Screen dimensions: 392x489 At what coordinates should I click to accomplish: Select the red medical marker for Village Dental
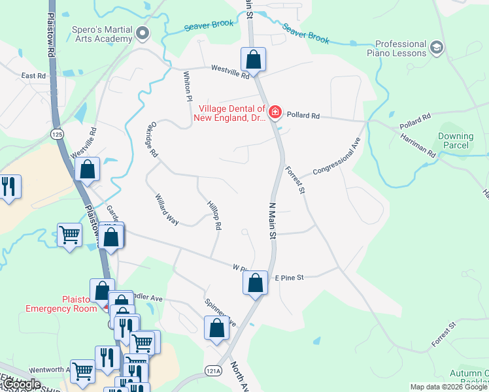coord(275,113)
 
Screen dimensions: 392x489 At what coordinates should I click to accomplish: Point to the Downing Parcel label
coord(455,140)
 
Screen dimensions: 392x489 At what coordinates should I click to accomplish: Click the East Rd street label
coord(33,76)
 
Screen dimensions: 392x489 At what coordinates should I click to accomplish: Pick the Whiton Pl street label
coord(188,86)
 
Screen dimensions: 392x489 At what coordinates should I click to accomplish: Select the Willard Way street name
coord(166,209)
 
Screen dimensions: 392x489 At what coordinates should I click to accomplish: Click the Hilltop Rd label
coord(213,215)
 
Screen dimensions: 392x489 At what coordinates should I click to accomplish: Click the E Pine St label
coord(289,278)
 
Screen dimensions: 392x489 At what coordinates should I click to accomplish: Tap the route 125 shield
coord(57,133)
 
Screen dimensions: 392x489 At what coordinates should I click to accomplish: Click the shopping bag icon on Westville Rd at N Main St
coord(253,59)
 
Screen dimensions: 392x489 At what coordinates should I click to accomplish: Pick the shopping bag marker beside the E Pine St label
coord(256,283)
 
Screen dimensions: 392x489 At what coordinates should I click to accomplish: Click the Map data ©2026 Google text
coord(448,387)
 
